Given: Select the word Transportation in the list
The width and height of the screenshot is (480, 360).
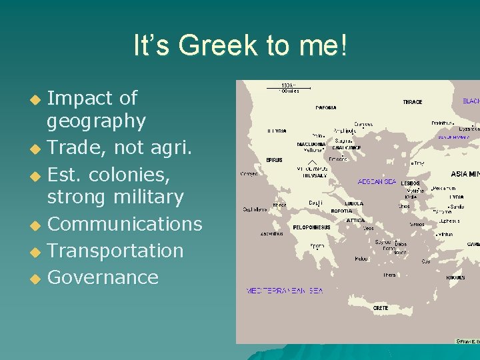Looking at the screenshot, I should pos(115,251).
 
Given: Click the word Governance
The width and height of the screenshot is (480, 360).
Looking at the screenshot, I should pos(103,277).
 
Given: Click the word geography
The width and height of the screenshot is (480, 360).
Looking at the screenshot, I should pos(96,121).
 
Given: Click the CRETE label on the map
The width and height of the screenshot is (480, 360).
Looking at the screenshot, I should pos(381,308).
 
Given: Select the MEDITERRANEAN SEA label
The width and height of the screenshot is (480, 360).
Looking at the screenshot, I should pos(285,291).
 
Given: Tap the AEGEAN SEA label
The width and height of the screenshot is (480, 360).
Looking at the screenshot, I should pos(377,181).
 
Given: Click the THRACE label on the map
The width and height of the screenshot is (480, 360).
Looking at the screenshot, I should pos(412,102).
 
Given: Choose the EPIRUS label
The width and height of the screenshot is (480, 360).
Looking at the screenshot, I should pos(274,160).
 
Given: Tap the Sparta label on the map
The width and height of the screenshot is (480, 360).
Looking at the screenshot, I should pos(317,245).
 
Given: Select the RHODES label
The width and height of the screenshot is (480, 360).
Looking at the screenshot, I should pos(456,277).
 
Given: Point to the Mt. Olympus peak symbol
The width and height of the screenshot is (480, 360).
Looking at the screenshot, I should pos(311,162).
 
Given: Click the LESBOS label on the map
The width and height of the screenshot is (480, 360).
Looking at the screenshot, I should pos(409,182).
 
